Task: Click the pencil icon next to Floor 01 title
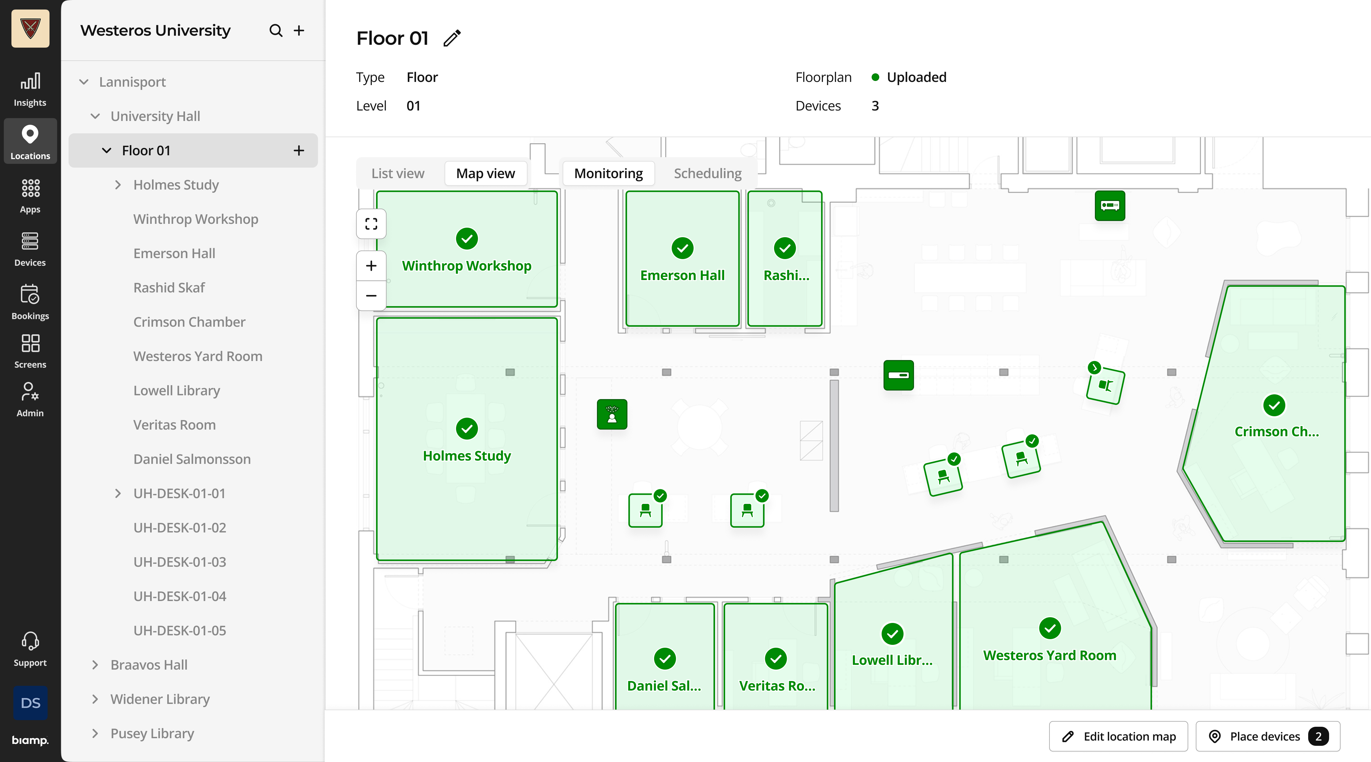coord(452,38)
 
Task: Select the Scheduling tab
coord(707,174)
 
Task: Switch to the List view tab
coord(398,174)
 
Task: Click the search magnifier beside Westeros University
coord(276,30)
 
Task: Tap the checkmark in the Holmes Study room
coord(467,429)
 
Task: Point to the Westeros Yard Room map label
coord(1050,656)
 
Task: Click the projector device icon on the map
coord(1110,205)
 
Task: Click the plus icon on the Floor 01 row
coord(299,151)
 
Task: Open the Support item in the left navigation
coord(30,649)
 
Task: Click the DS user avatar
coord(30,703)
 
